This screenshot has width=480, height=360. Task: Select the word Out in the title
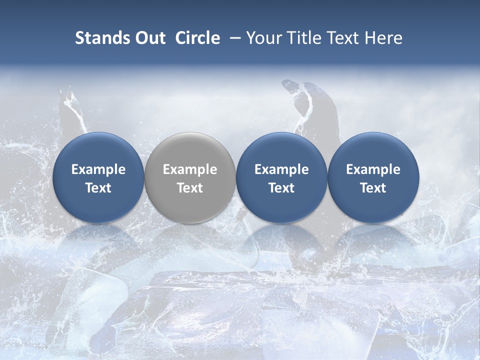(149, 38)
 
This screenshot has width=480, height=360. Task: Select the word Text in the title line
(338, 38)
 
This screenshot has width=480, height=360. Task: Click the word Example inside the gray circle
(190, 170)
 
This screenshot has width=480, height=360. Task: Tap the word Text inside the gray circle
(190, 188)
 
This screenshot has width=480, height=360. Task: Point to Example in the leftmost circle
(98, 170)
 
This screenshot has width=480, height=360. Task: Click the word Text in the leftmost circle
(98, 188)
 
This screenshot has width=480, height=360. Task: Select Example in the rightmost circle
(373, 170)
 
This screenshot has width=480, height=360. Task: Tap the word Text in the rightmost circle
(373, 188)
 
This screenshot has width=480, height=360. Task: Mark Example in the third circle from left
(281, 170)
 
